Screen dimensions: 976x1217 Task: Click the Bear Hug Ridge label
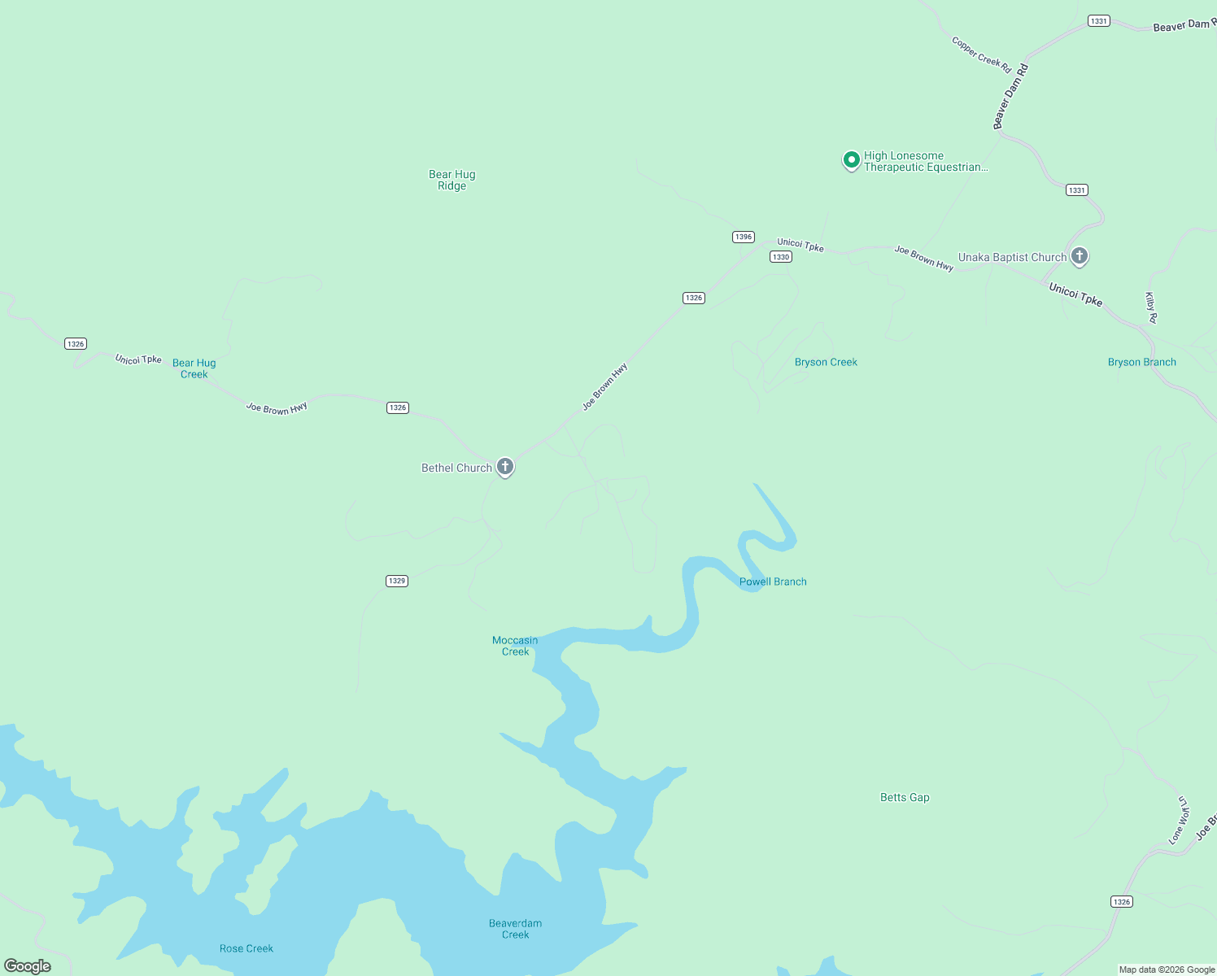click(x=451, y=180)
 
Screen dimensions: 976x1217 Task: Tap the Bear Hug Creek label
click(x=194, y=368)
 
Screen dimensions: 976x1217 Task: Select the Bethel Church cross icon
click(x=505, y=467)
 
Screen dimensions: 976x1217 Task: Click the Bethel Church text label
click(x=456, y=468)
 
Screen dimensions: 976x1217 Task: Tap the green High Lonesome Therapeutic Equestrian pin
click(x=851, y=160)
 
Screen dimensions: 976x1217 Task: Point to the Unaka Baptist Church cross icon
click(x=1080, y=256)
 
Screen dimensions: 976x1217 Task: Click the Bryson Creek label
click(x=826, y=362)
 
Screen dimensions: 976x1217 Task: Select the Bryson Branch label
click(x=1141, y=362)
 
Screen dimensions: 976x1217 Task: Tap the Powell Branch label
click(x=773, y=582)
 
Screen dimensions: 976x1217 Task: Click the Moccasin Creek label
click(x=515, y=646)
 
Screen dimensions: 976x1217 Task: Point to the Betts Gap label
click(x=905, y=797)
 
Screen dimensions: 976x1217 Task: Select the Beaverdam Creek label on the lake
click(x=515, y=929)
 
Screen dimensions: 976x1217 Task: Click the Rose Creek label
click(x=246, y=948)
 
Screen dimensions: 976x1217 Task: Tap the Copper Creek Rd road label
click(x=981, y=54)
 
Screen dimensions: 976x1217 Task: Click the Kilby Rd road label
click(x=1151, y=307)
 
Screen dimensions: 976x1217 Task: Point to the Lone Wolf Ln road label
click(x=1179, y=820)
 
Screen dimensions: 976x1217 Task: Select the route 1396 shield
click(x=743, y=237)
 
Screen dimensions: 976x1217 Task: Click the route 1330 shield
click(x=781, y=256)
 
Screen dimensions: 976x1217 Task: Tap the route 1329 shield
click(x=396, y=581)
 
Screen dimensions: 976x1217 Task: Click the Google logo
click(x=28, y=966)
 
